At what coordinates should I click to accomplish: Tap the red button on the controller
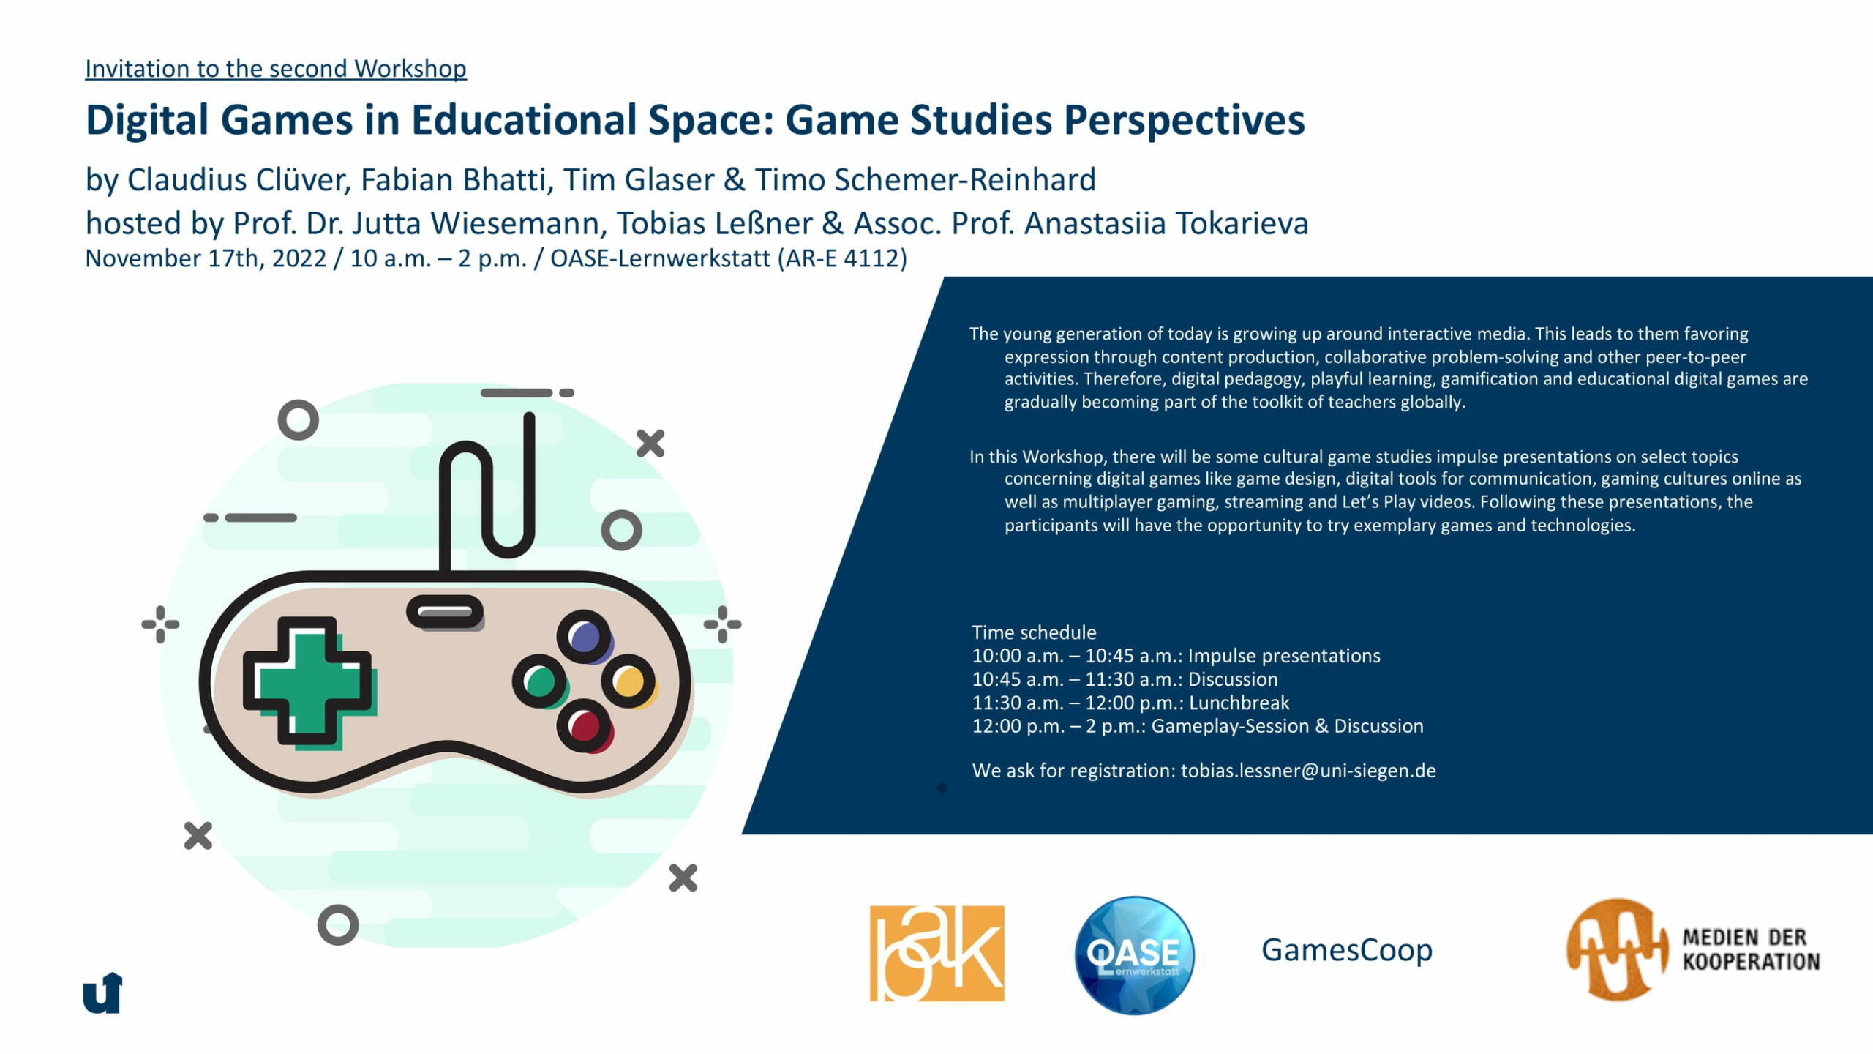pos(585,726)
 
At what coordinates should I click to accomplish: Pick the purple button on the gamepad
pos(585,637)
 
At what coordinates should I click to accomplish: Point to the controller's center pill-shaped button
pos(445,612)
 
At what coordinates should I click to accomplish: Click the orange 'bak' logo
pos(936,953)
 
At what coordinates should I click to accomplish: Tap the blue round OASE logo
pos(1134,955)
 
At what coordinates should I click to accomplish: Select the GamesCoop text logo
pos(1347,951)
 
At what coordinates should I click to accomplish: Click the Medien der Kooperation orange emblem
pos(1615,949)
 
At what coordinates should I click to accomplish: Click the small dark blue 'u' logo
pos(102,993)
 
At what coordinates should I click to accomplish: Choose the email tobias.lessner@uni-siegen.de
pos(1308,771)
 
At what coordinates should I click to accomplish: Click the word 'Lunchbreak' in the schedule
pos(1239,703)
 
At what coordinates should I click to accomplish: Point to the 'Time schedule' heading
pos(1034,632)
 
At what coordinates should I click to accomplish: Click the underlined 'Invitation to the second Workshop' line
pos(276,69)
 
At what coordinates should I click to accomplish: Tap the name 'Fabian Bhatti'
pos(456,179)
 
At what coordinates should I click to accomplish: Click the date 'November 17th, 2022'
pos(206,258)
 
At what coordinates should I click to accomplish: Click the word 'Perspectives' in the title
pos(1184,121)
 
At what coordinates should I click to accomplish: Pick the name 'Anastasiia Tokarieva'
pos(1166,223)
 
